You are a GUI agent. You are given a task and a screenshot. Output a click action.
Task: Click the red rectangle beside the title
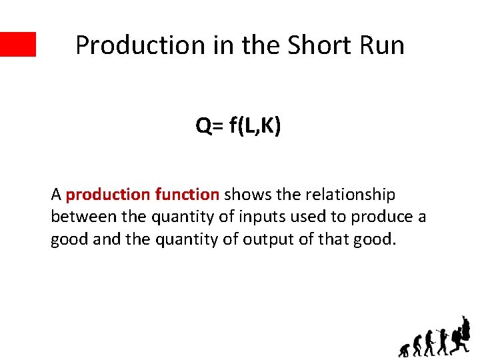click(x=18, y=44)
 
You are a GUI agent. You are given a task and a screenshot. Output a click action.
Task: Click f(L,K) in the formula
click(x=255, y=125)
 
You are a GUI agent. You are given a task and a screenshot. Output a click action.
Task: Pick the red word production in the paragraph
click(x=108, y=195)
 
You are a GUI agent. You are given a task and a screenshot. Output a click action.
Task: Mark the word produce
click(x=382, y=217)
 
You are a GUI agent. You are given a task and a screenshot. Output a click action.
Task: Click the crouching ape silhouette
click(x=404, y=349)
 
